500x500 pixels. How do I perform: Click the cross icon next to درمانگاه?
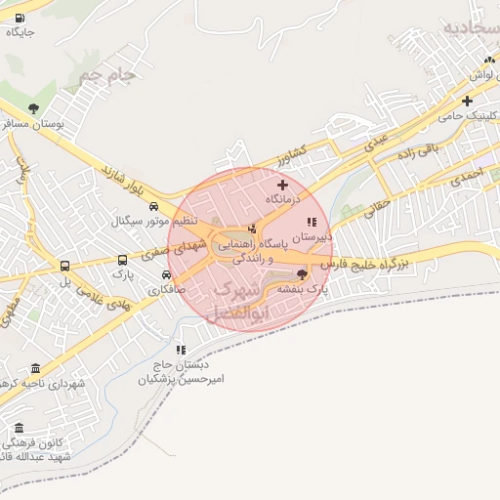click(283, 185)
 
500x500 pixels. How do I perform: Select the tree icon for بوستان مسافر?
click(34, 108)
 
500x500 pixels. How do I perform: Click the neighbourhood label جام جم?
click(107, 73)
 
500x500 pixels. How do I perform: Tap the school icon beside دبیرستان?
click(312, 223)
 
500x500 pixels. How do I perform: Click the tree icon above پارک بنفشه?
click(302, 274)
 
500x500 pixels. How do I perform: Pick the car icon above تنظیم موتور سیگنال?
click(153, 206)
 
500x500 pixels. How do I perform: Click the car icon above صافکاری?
click(166, 274)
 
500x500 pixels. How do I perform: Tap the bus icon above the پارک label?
click(122, 261)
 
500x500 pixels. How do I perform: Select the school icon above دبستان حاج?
click(181, 350)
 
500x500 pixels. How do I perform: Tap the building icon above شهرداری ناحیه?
click(36, 368)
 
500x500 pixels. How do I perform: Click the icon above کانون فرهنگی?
click(18, 429)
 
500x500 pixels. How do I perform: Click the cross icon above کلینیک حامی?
click(468, 101)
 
